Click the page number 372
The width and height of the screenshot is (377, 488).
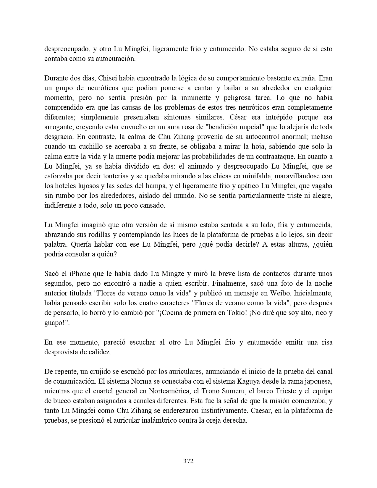tap(188, 461)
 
